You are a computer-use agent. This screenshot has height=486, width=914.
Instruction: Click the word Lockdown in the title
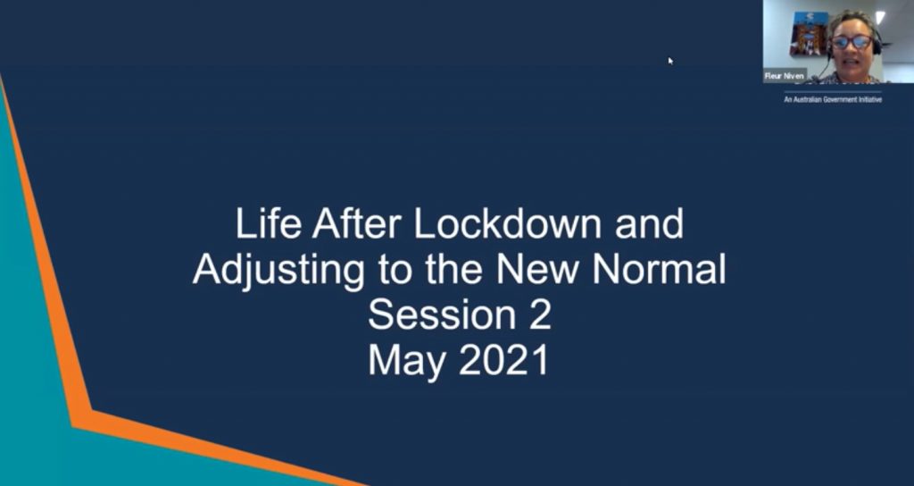(507, 224)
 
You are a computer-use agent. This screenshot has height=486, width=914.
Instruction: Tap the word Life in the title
(268, 224)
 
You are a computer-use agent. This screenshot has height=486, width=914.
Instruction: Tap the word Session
(433, 315)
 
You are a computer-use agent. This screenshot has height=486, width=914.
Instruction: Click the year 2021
(503, 361)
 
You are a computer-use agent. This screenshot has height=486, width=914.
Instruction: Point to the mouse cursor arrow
(671, 61)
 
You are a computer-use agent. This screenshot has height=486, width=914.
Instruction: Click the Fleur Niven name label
(785, 76)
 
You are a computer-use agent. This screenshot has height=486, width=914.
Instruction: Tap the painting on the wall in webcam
(809, 33)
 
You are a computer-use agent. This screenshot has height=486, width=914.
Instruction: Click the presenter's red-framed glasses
(852, 42)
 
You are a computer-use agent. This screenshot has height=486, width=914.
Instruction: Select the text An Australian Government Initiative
(833, 100)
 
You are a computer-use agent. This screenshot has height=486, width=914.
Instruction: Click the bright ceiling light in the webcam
(880, 18)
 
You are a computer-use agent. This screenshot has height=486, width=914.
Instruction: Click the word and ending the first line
(649, 224)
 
